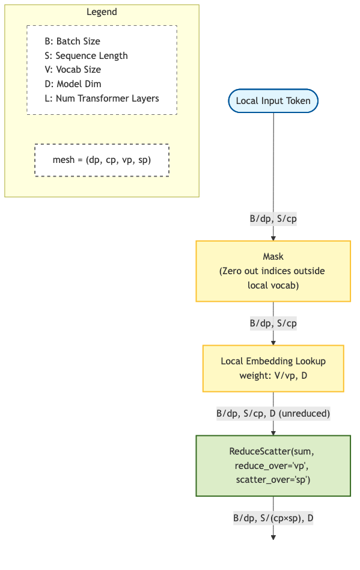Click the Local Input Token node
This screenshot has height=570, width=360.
[273, 100]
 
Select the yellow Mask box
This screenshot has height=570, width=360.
[273, 271]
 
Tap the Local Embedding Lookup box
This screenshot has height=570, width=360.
[273, 368]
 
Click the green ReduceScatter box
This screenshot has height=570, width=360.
[273, 465]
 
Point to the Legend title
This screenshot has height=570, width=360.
[102, 12]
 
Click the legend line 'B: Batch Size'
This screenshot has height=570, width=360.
[72, 41]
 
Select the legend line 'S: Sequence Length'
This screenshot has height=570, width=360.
[86, 55]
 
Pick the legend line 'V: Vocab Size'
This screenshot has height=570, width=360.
[73, 70]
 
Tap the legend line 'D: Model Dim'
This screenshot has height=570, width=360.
[72, 84]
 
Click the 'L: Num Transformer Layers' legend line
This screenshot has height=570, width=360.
[102, 98]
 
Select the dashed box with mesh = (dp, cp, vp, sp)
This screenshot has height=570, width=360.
[102, 160]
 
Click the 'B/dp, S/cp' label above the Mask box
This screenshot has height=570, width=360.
[273, 219]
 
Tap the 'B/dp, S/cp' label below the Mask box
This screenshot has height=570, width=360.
[273, 323]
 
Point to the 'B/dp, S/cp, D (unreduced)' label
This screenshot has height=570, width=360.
[273, 414]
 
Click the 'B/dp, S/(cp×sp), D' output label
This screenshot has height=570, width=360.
[273, 518]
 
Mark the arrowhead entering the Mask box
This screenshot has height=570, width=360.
[273, 238]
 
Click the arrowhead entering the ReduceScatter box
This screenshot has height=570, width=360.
[273, 432]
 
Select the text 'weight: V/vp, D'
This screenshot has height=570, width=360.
[273, 376]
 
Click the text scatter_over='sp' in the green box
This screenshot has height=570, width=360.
[273, 480]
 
